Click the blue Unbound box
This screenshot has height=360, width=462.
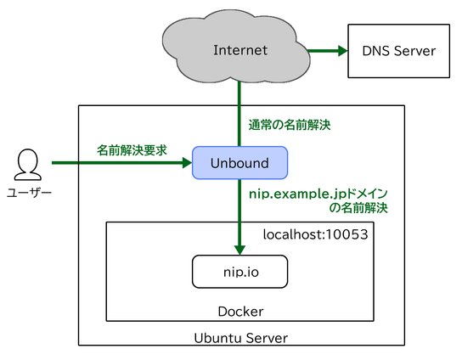pos(239,163)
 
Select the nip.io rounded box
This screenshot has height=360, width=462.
pos(239,272)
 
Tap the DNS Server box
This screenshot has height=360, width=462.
pos(399,51)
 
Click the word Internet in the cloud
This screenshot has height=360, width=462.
pos(240,50)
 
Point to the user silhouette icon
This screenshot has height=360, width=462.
pos(28,165)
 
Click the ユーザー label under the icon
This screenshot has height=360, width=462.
pos(29,193)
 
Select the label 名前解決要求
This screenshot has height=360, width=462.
pos(132,150)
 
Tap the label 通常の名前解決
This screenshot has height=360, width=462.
pos(290,125)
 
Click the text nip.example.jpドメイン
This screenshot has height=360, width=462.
pos(318,194)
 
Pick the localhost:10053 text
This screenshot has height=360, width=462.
pos(316,234)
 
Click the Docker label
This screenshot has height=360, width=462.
pos(240,312)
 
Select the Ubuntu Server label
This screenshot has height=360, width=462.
pos(241,338)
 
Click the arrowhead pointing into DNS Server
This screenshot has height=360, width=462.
pos(343,51)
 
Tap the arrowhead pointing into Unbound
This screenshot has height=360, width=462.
pos(188,163)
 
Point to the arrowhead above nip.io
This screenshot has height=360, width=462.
pos(239,250)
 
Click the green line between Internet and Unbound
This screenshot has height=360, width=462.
pos(239,114)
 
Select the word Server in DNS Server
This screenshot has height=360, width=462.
pos(414,51)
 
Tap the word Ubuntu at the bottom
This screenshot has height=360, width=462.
pos(217,338)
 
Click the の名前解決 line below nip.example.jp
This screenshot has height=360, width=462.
pos(358,208)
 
